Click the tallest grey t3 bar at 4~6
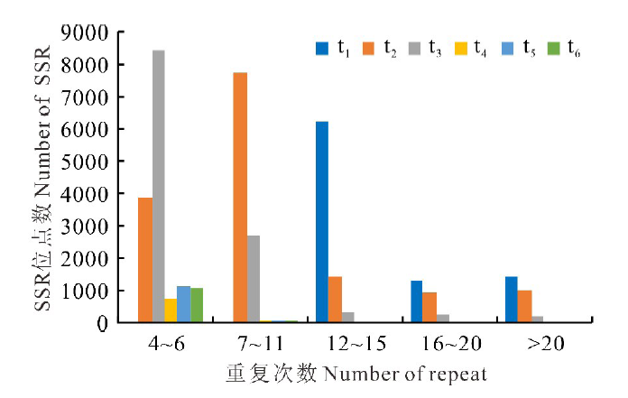[x=158, y=186]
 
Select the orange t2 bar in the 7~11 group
[x=240, y=197]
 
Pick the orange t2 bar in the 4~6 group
[x=145, y=259]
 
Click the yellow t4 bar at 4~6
[x=171, y=310]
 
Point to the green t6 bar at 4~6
[x=197, y=305]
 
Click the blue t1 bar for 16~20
[x=416, y=301]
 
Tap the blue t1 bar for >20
[x=511, y=299]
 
